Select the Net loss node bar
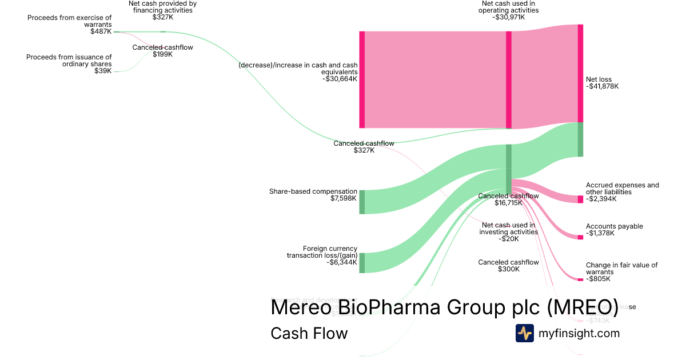coord(580,73)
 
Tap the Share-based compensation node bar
coord(362,202)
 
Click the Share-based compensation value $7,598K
coord(344,199)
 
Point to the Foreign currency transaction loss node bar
coord(362,263)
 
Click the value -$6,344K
coord(342,263)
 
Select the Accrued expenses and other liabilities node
coord(580,199)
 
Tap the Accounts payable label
coord(614,226)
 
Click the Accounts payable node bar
coord(580,237)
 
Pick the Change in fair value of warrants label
coord(621,269)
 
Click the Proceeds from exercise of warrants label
coord(70,21)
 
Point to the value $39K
coord(103,71)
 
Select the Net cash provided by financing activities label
coord(163,7)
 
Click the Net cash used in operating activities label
coord(509,7)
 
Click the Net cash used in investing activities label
coord(509,229)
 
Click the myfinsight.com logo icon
coord(524,333)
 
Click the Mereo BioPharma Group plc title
coord(444,307)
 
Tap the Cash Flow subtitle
coord(309,333)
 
